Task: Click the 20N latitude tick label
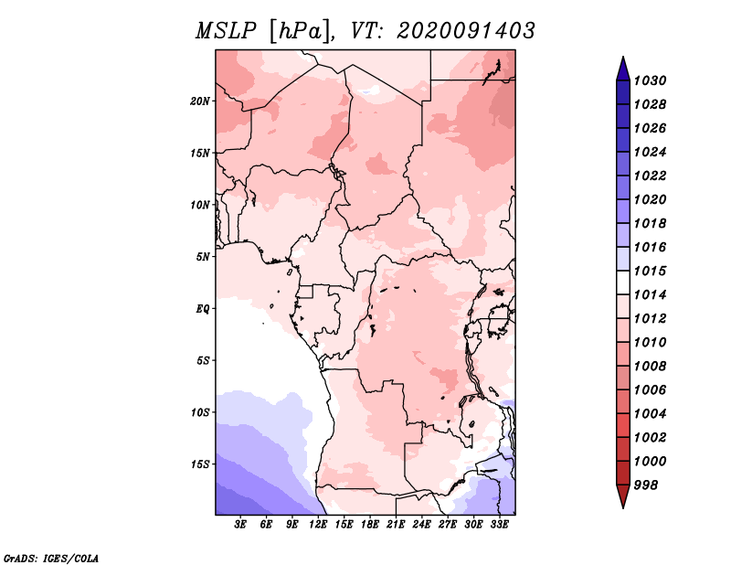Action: (200, 101)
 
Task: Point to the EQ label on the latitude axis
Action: (203, 309)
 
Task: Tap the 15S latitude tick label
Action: (200, 464)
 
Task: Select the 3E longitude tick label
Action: (240, 525)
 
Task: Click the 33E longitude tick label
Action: (499, 525)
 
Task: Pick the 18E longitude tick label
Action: (370, 525)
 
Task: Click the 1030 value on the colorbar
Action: (651, 80)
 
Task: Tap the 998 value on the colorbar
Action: (646, 485)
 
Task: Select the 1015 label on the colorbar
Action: (651, 271)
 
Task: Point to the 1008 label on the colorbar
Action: (651, 367)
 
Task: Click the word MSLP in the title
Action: (226, 31)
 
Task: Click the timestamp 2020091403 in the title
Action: (466, 31)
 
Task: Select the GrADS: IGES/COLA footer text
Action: (51, 558)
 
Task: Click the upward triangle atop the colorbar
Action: (623, 69)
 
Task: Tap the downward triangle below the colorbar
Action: (623, 496)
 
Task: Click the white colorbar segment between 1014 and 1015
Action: (623, 282)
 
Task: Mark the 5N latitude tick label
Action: (203, 257)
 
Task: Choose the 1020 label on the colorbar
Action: (651, 199)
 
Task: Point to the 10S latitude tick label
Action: (200, 412)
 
